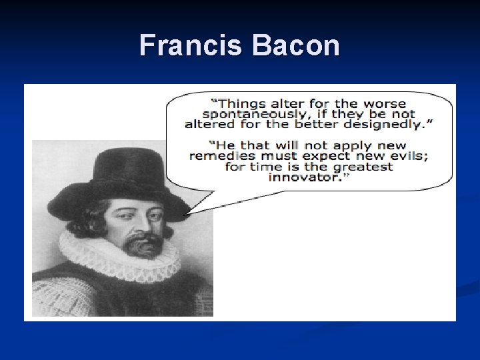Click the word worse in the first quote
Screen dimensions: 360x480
pos(384,103)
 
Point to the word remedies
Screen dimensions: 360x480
pos(219,156)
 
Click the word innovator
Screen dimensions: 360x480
pos(305,177)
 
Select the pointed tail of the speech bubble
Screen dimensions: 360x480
pos(187,212)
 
